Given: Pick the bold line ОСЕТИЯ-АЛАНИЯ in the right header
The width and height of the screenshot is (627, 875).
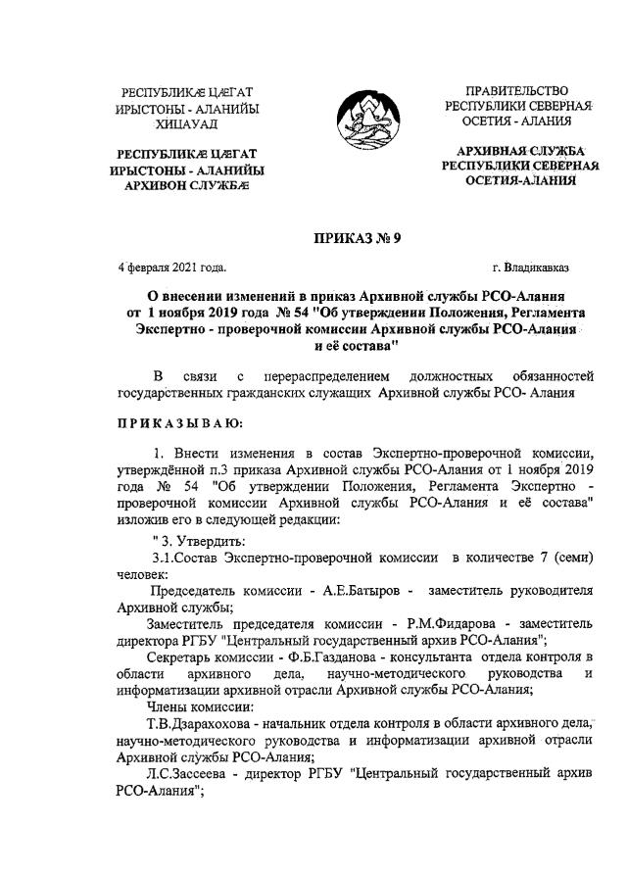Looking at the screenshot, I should click(x=519, y=180).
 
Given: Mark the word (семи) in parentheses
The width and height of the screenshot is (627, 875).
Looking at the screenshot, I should click(x=570, y=557).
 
